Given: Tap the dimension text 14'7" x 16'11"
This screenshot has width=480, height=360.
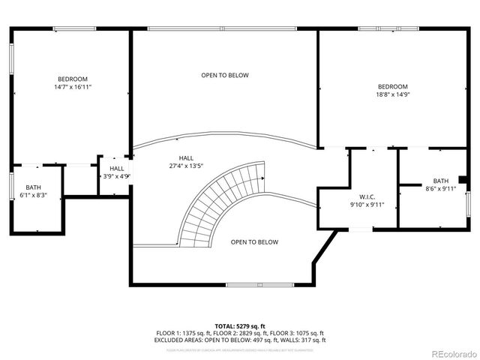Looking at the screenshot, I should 73,87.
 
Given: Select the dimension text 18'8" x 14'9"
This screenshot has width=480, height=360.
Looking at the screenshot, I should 392,94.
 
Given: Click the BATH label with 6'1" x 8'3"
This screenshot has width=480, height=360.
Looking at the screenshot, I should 34,187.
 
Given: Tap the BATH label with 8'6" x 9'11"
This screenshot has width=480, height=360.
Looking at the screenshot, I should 440,181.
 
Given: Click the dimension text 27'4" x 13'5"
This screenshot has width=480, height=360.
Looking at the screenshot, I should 187,166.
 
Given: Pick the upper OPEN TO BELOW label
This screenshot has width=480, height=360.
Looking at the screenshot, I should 224,75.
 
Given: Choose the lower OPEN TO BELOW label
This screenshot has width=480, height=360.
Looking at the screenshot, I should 254,242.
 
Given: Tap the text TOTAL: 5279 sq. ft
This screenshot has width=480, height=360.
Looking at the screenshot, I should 239,325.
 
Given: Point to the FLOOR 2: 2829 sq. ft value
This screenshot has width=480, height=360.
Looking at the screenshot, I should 240,332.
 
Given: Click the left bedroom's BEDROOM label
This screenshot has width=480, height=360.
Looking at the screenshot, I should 73,79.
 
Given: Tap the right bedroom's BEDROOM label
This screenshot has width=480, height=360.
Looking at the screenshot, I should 392,87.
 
